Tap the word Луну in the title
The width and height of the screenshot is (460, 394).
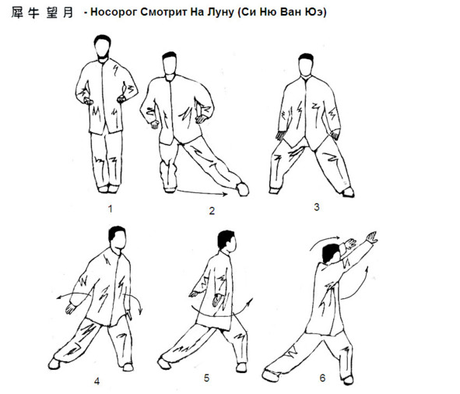click(220, 12)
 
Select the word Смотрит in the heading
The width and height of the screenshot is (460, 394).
click(163, 12)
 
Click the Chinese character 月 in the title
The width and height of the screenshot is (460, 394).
click(68, 12)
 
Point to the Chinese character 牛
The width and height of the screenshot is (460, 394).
click(33, 12)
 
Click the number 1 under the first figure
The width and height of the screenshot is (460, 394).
click(110, 209)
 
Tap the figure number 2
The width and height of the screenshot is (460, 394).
click(212, 211)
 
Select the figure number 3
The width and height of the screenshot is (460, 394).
click(317, 207)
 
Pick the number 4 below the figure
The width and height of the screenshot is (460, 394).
click(97, 381)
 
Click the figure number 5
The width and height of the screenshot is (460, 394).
click(206, 378)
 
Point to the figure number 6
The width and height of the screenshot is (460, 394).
click(322, 378)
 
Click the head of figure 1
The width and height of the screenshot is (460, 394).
click(103, 47)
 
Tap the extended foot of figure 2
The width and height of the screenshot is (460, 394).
click(243, 189)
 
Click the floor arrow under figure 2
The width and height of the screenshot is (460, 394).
click(202, 193)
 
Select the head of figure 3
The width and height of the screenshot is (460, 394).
click(306, 65)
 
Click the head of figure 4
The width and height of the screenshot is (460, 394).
click(118, 238)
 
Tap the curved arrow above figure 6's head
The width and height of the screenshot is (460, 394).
click(323, 241)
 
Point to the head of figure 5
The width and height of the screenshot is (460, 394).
click(226, 241)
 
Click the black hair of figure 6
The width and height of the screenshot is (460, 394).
click(331, 253)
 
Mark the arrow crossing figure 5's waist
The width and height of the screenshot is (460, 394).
click(223, 315)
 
